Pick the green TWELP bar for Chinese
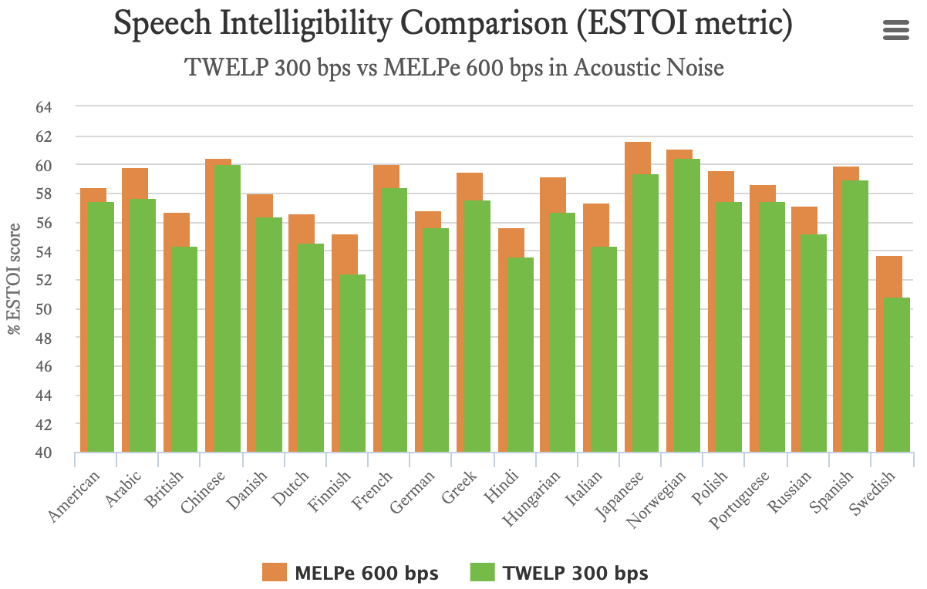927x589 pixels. point(228,308)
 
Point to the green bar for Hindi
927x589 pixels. point(519,355)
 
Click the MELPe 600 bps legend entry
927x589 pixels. point(350,573)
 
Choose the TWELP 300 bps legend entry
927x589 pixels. point(559,573)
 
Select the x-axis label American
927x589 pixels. point(75,496)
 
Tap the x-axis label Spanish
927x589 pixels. point(833,492)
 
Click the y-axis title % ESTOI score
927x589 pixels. point(15,279)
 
